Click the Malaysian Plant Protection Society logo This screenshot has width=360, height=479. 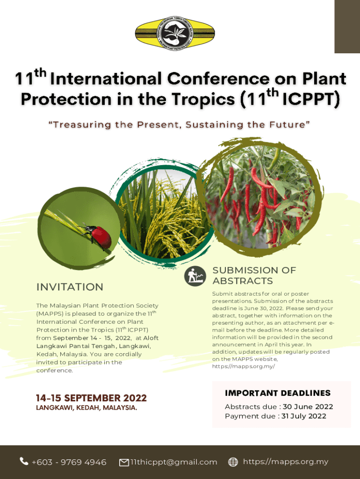point(175,33)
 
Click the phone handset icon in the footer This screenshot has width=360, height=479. point(24,461)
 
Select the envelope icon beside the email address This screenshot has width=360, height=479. point(124,463)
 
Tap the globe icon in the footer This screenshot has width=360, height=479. point(233,462)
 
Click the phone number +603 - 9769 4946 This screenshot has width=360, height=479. point(69,462)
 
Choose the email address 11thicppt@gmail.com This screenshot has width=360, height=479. point(174,462)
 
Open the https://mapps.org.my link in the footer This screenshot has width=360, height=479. point(286,462)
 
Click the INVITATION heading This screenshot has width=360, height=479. point(70,287)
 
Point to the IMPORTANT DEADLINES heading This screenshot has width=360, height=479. point(278,393)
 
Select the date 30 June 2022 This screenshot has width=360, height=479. point(308,406)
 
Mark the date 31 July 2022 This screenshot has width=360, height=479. point(304,416)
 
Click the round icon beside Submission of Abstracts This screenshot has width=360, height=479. point(195,276)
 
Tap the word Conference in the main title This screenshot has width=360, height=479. point(218,79)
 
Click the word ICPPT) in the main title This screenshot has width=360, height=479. point(311,99)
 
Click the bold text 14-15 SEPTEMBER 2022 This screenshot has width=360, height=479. point(91,398)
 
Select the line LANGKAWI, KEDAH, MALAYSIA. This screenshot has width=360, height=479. point(86,407)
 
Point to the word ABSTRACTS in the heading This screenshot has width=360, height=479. point(243,281)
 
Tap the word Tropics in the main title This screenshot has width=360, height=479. point(203,100)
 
